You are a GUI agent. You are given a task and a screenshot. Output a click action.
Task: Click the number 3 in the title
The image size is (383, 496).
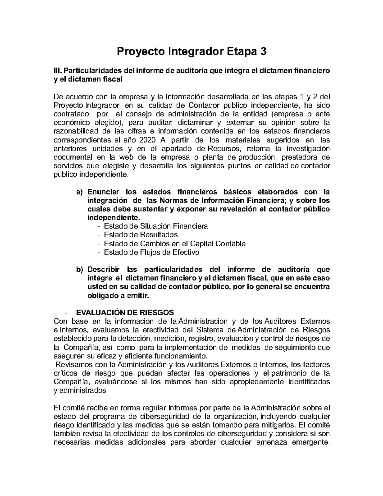click(x=263, y=51)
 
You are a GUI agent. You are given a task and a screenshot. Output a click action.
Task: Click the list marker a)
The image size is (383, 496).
click(x=79, y=192)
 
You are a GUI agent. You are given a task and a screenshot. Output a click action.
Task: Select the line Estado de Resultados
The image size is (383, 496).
click(x=141, y=235)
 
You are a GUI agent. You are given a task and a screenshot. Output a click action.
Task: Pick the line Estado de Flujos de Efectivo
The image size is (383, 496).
click(x=152, y=252)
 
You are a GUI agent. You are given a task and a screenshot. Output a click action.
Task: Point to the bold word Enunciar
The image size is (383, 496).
click(x=103, y=192)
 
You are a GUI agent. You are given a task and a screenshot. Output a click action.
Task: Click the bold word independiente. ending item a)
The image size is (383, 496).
click(x=114, y=218)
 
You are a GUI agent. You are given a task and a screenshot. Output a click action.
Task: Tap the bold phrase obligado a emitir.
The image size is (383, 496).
click(x=118, y=295)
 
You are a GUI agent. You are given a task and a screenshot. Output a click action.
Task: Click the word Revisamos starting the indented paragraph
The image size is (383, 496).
click(x=71, y=364)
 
